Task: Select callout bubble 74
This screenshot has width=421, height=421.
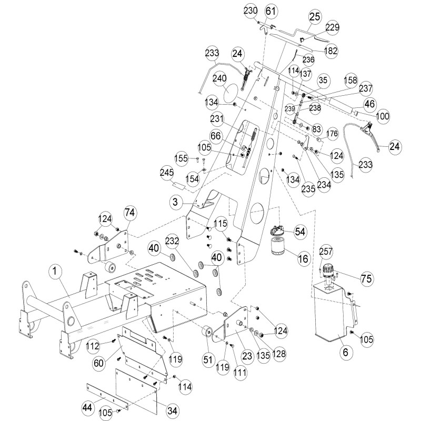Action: tap(130, 213)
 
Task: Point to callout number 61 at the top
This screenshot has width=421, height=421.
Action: tap(270, 11)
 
